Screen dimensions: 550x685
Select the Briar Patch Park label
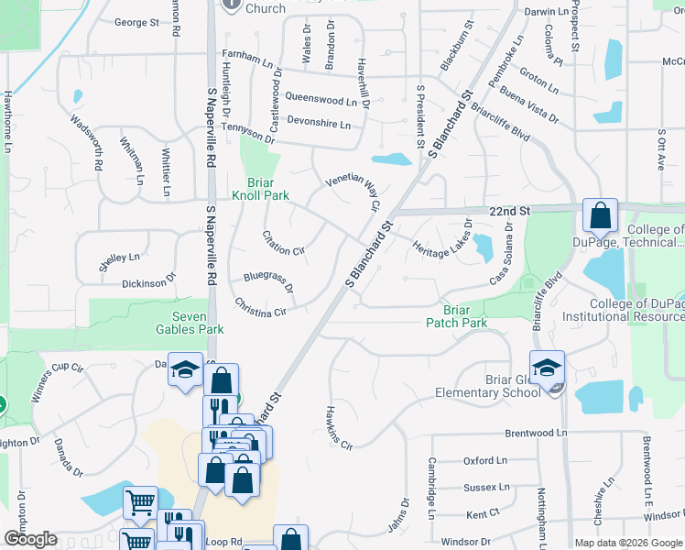click(457, 315)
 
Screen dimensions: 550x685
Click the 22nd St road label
click(510, 211)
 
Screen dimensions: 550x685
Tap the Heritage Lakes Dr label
click(441, 236)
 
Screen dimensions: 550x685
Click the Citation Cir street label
click(283, 244)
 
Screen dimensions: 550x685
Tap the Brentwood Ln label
click(536, 432)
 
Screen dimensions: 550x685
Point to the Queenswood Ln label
click(320, 97)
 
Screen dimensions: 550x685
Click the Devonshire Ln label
click(321, 121)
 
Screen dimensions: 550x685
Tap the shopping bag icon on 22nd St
click(600, 216)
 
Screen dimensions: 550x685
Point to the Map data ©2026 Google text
click(628, 543)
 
